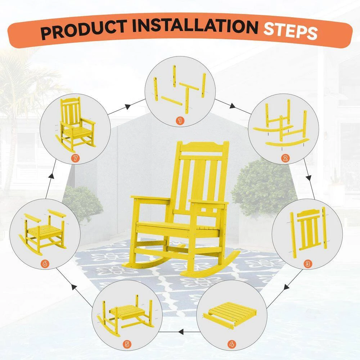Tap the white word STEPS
click(x=291, y=31)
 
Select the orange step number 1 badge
click(x=180, y=120)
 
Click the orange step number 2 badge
click(x=285, y=158)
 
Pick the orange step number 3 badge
click(x=308, y=264)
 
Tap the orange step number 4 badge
click(x=231, y=344)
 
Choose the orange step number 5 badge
click(x=127, y=344)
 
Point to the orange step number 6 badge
click(x=45, y=264)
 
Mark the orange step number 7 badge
click(x=75, y=158)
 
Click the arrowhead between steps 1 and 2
click(x=232, y=106)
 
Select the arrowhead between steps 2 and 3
click(x=309, y=178)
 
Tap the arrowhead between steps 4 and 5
click(x=181, y=332)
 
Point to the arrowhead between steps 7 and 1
click(x=128, y=106)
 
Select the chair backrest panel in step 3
click(x=309, y=230)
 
